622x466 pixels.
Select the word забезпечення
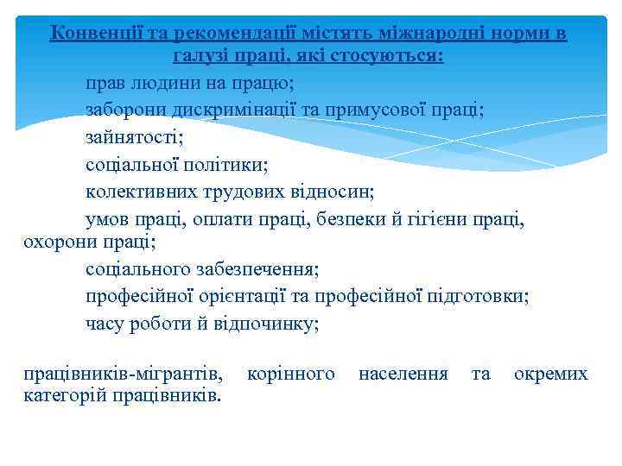point(260,269)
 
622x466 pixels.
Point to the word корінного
point(290,374)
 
